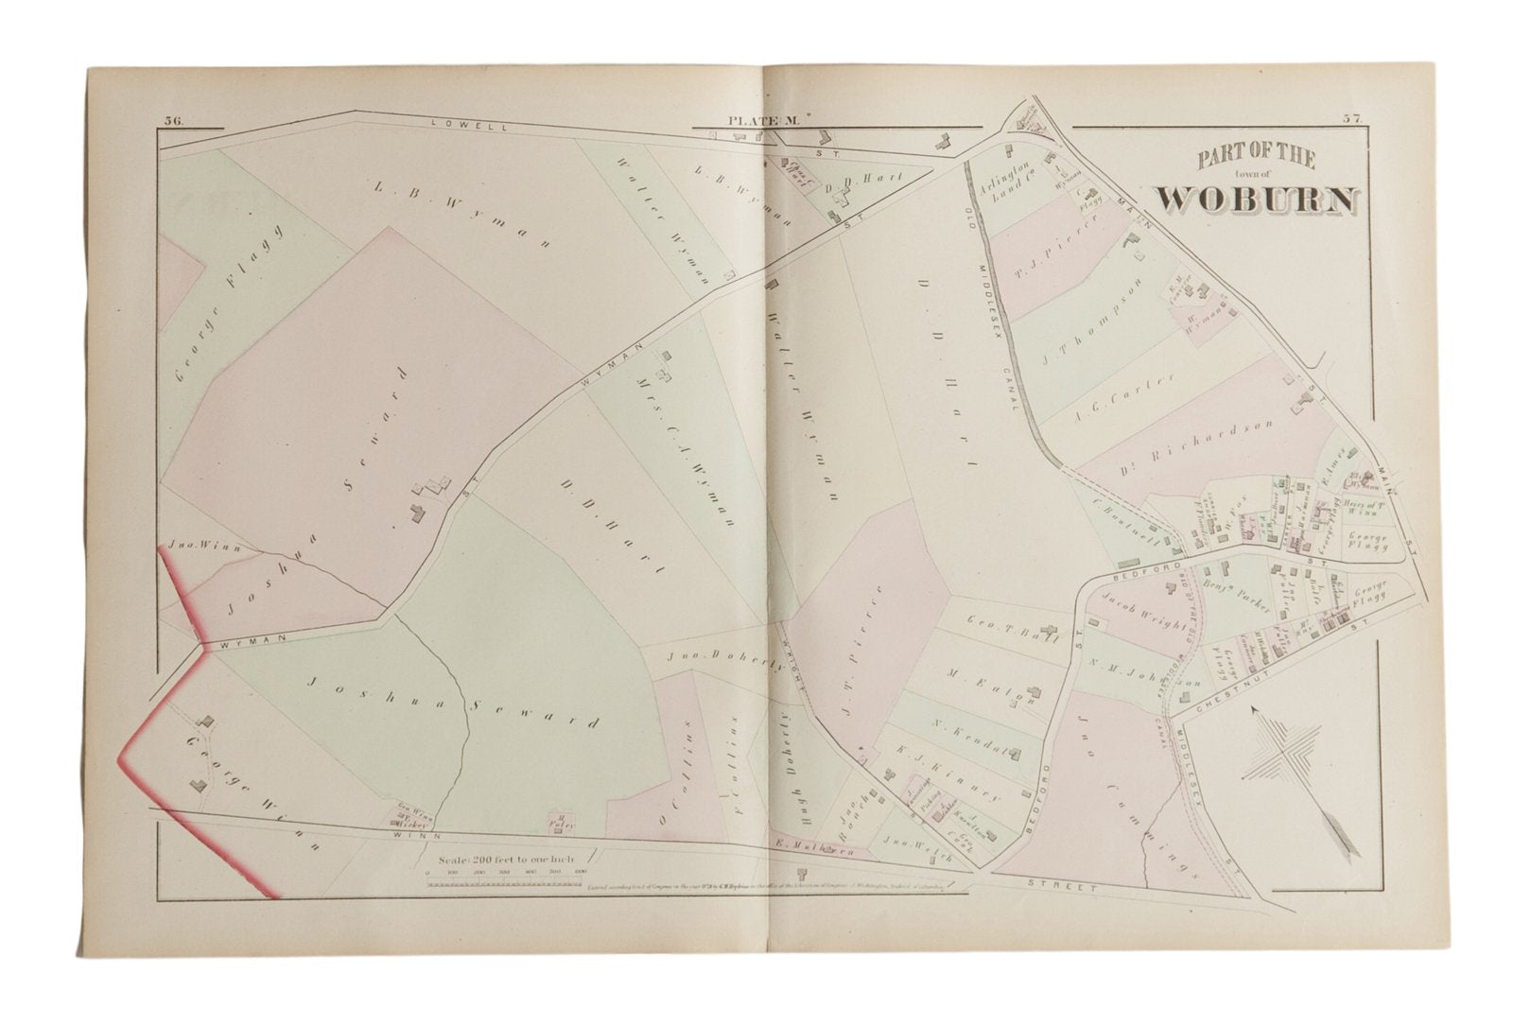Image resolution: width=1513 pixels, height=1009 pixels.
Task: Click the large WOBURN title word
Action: (x=1257, y=198)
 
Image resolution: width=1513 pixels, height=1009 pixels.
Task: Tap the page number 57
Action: (x=1349, y=119)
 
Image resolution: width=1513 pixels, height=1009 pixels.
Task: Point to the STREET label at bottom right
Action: (x=1061, y=888)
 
